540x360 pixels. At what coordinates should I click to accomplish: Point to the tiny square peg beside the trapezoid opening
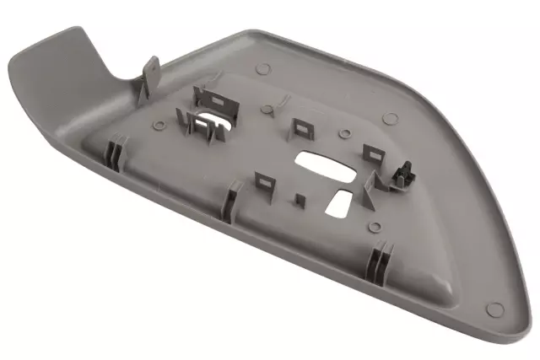click(x=300, y=201)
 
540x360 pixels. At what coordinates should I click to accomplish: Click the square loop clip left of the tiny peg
click(x=265, y=180)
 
